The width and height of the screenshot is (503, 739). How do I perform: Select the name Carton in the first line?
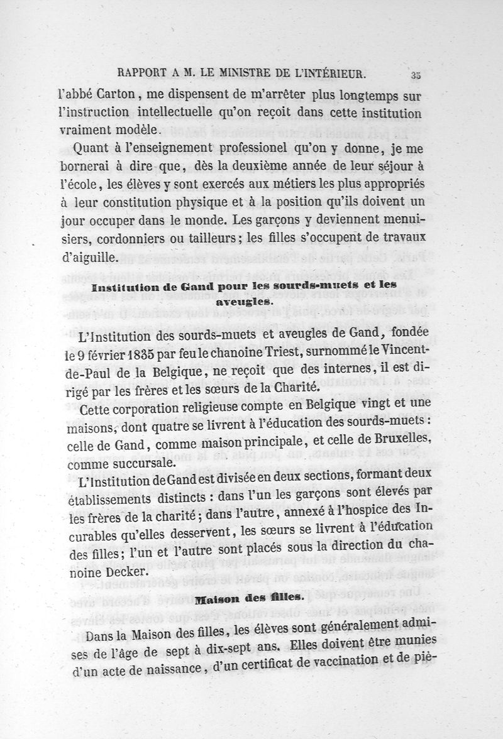(x=112, y=96)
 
